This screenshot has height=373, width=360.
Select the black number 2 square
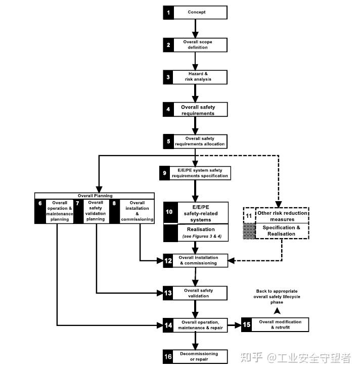tap(168, 44)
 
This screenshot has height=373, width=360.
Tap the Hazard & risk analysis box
tap(200, 77)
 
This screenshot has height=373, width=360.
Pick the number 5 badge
tap(168, 141)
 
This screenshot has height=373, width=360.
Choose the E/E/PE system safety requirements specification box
tap(200, 173)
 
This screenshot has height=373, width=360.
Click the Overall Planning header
tap(95, 196)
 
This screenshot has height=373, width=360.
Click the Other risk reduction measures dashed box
tap(282, 216)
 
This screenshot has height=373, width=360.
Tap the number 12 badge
tap(168, 260)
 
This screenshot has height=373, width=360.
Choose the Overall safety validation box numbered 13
tap(200, 293)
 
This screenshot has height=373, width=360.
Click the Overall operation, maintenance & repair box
tap(200, 325)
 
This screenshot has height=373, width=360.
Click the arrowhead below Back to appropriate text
tap(277, 312)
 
